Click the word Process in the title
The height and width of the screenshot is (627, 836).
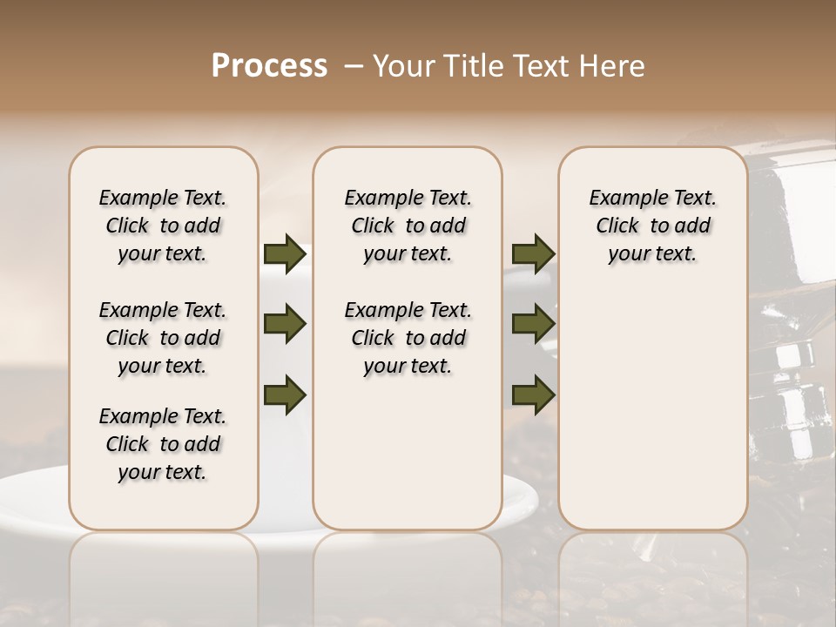coord(269,66)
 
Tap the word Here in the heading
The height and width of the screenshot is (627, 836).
coord(613,66)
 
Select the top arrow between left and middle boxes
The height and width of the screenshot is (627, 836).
coord(284,254)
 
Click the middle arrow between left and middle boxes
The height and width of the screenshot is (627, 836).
coord(284,324)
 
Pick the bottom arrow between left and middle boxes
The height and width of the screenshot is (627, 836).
coord(284,394)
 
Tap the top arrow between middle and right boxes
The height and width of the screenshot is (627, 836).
coord(533,254)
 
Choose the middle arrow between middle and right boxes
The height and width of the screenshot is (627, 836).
coord(533,324)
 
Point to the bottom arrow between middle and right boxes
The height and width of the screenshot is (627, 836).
coord(533,394)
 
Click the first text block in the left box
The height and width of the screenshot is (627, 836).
coord(163,226)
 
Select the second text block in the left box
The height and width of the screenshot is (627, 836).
coord(163,338)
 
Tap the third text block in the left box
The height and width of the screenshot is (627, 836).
coord(163,444)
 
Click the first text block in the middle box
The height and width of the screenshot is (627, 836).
coord(408,226)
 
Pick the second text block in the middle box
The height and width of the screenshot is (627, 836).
coord(408,338)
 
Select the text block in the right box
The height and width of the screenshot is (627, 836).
coord(652,226)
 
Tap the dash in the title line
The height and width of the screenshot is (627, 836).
coord(354,66)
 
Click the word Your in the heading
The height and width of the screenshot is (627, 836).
coord(403,66)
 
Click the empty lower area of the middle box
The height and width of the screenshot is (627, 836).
coord(408,453)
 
